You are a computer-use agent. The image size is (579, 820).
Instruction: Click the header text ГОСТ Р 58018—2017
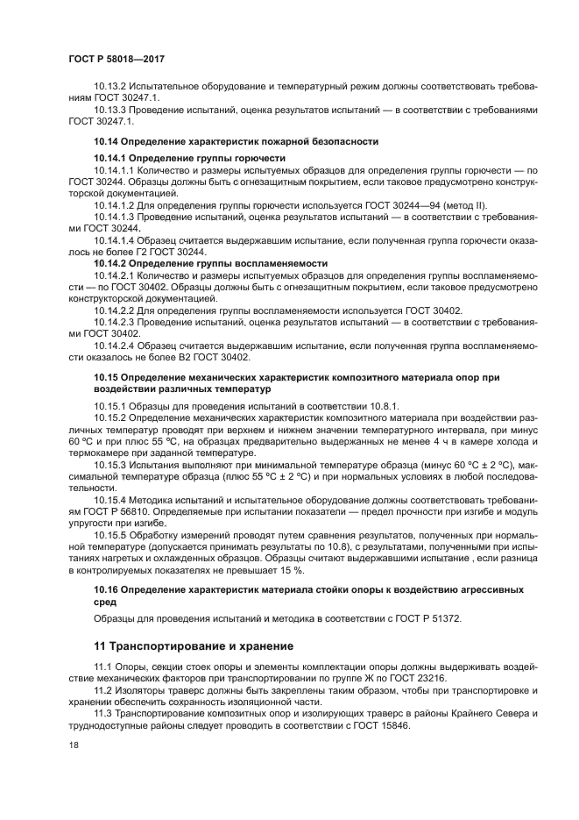[x=116, y=59]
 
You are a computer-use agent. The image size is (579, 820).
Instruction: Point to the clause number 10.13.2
[x=110, y=88]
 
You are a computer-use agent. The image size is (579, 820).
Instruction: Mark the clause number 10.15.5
[x=110, y=535]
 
